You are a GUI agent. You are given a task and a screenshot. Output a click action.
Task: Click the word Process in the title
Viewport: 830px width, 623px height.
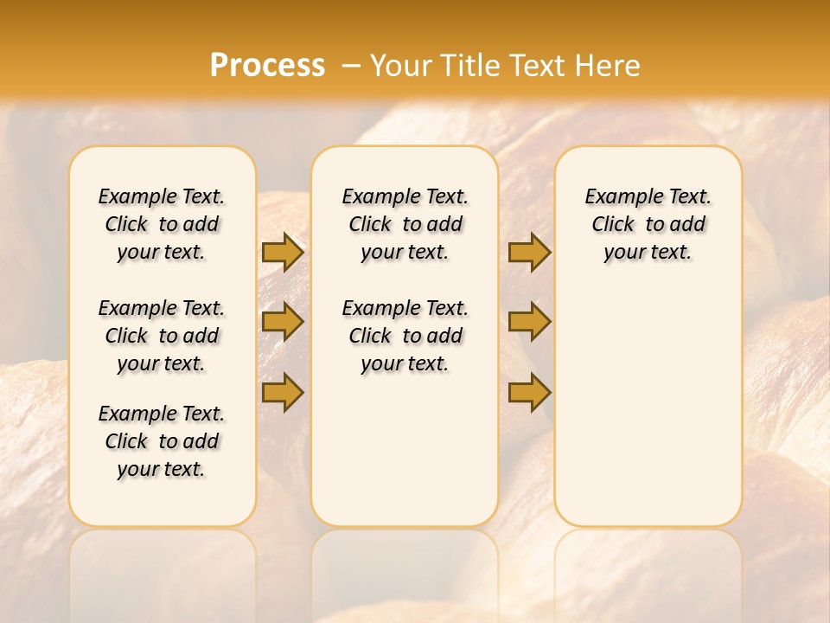tap(267, 66)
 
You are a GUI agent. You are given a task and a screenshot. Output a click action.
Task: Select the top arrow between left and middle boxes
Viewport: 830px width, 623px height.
tap(283, 253)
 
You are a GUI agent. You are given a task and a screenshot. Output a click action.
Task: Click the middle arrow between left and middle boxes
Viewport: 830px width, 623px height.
tap(283, 322)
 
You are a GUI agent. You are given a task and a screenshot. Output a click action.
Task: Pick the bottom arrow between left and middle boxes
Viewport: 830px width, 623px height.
tap(283, 393)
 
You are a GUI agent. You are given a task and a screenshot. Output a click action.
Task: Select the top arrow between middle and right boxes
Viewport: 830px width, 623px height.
tap(529, 253)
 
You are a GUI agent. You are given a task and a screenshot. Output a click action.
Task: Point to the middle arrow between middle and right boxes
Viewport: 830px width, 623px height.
tap(529, 322)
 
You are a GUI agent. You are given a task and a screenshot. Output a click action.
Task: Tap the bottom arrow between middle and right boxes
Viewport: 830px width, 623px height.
tap(529, 393)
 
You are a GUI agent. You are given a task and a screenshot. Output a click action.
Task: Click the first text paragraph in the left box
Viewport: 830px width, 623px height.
tap(162, 224)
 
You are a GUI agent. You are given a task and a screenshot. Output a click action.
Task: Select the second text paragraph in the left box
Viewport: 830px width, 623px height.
tap(162, 336)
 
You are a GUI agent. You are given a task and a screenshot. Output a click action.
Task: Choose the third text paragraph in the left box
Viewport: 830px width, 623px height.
tap(162, 441)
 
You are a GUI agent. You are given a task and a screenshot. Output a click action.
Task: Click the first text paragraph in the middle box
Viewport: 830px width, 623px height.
tap(405, 224)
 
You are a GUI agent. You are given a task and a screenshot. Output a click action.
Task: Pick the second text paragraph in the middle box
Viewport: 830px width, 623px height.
tap(405, 336)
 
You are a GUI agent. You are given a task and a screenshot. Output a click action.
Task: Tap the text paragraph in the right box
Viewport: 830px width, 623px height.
tap(648, 224)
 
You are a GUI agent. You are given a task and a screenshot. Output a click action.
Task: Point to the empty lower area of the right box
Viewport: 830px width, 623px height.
tap(648, 398)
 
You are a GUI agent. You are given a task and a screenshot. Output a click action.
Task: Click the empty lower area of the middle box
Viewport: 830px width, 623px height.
tap(405, 450)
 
